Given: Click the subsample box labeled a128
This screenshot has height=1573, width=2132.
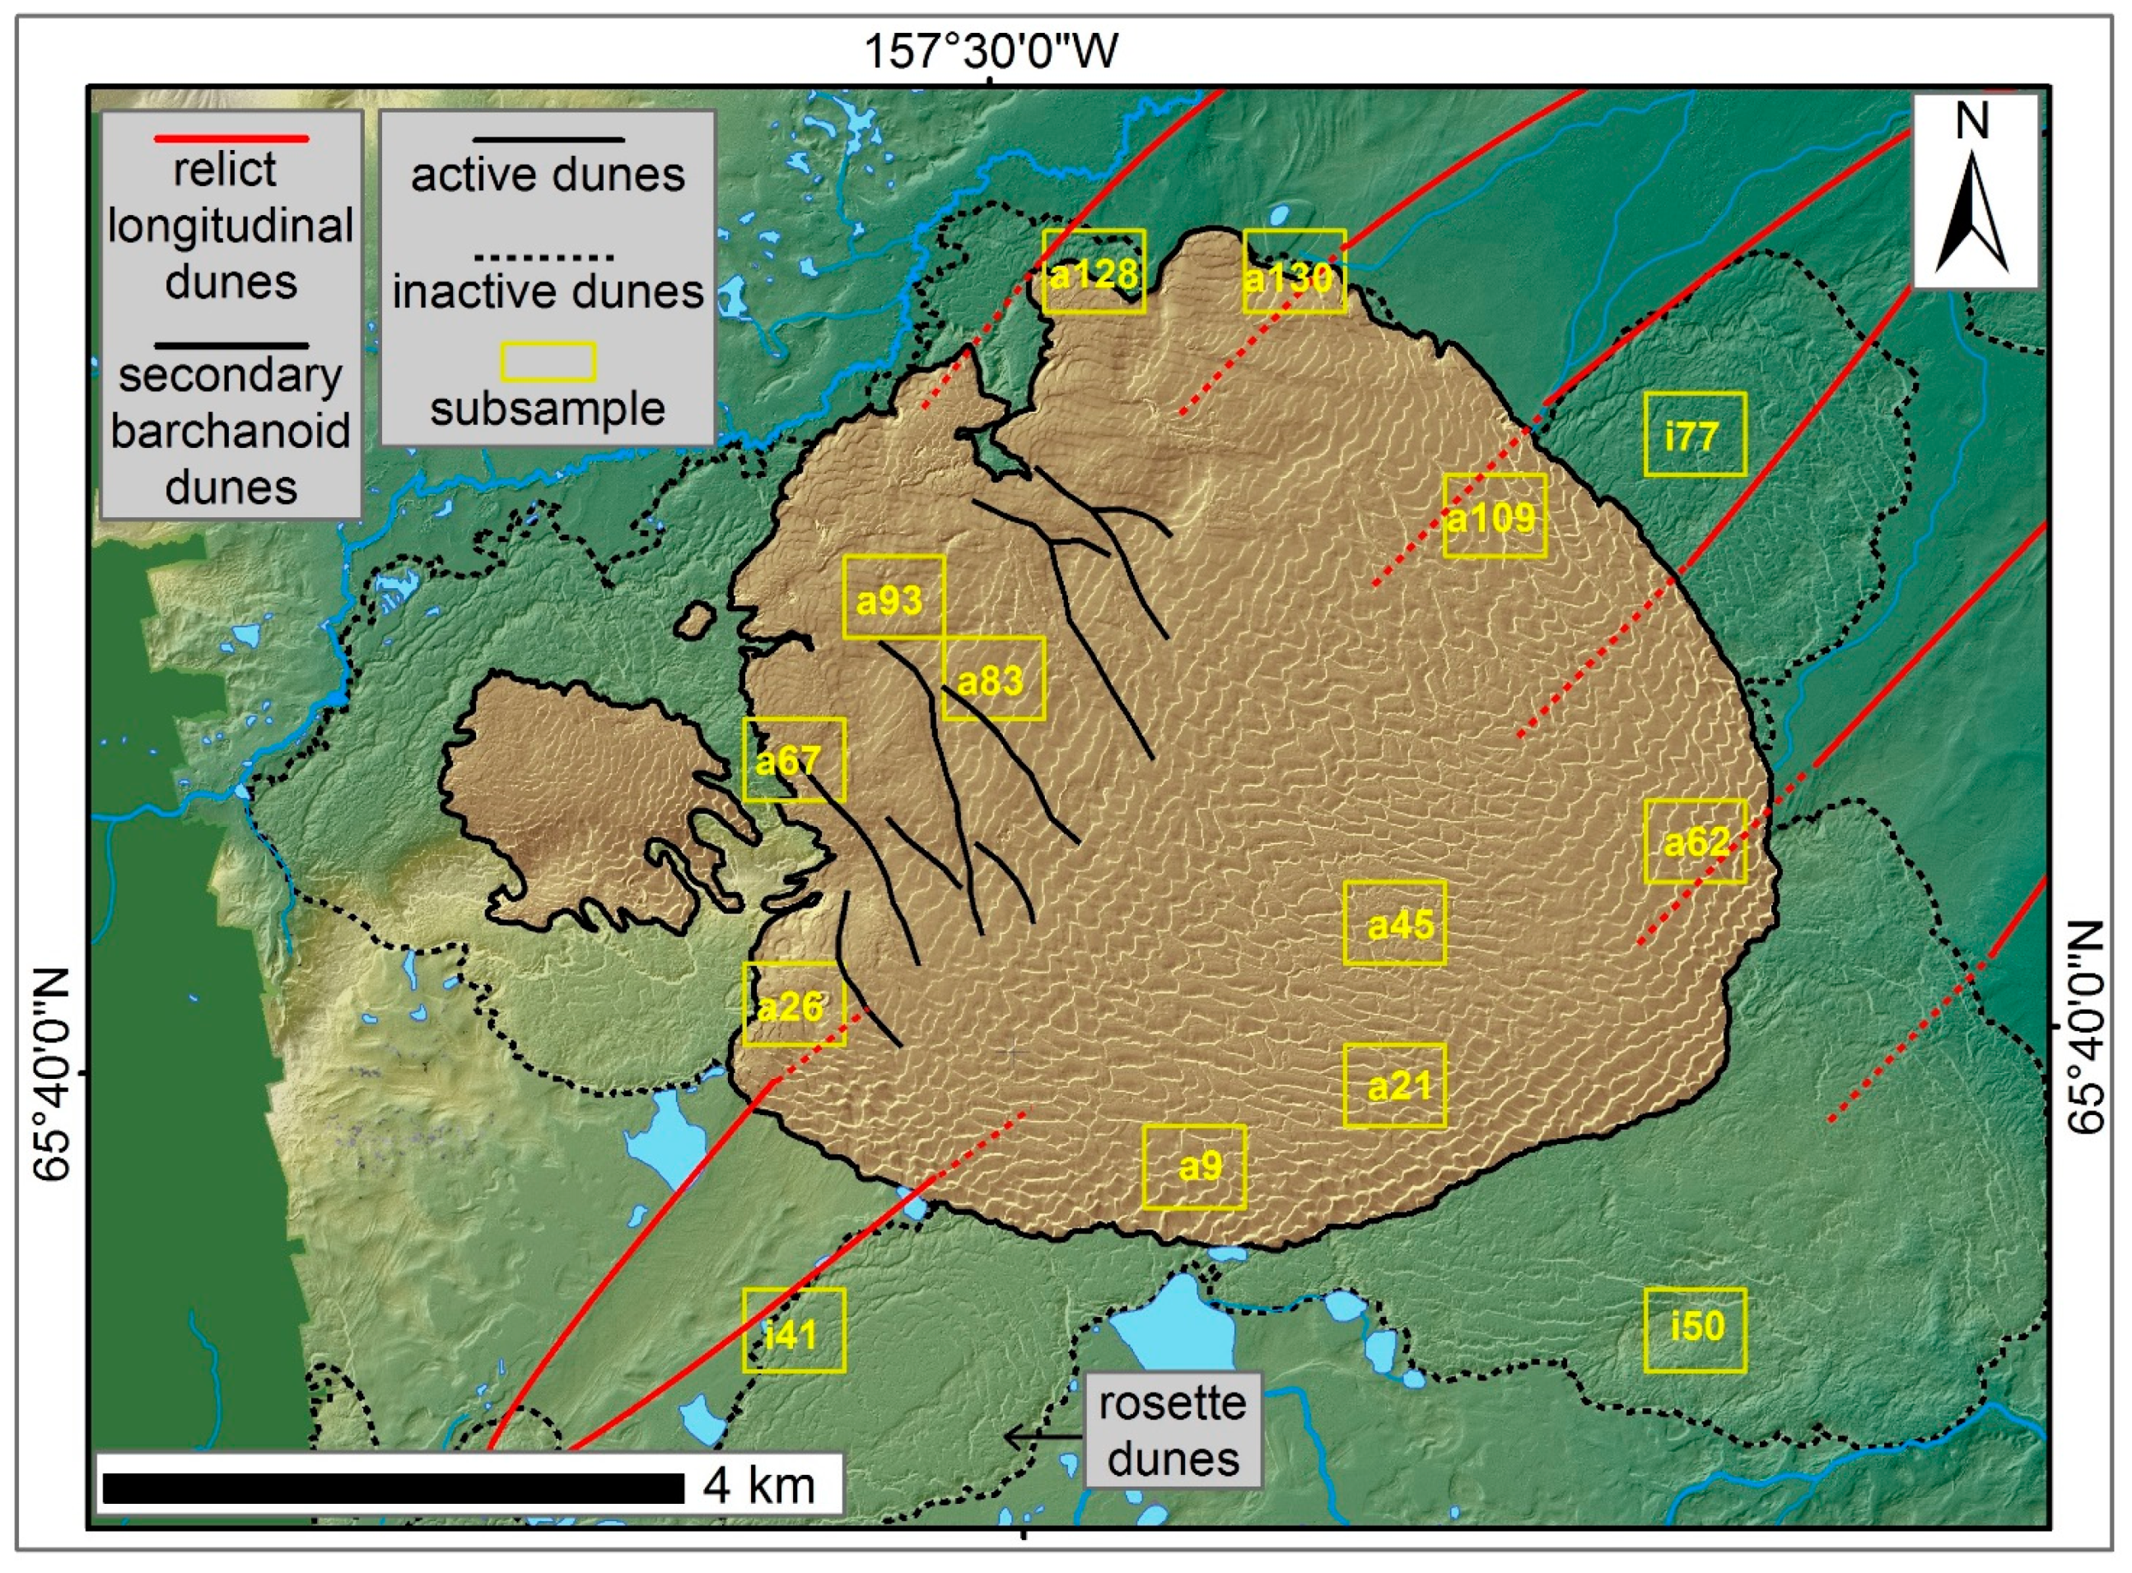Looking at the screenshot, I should (1093, 272).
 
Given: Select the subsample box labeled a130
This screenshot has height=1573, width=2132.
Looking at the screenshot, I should (1294, 272).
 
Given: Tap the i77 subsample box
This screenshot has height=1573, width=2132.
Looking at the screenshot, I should (1695, 434).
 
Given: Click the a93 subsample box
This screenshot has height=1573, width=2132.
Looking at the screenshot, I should (893, 597).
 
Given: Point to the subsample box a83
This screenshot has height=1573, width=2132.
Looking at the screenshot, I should (993, 678).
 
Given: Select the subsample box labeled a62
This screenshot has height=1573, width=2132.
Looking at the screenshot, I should (1695, 841).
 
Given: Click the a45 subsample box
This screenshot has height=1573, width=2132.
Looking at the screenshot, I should (1394, 922).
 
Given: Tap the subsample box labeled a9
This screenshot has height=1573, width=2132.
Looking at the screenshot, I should (1193, 1167).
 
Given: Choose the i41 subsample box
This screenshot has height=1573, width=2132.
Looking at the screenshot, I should (793, 1330).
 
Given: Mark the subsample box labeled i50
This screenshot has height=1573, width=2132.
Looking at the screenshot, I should (1695, 1330).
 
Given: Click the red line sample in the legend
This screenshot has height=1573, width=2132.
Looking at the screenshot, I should (231, 139).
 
